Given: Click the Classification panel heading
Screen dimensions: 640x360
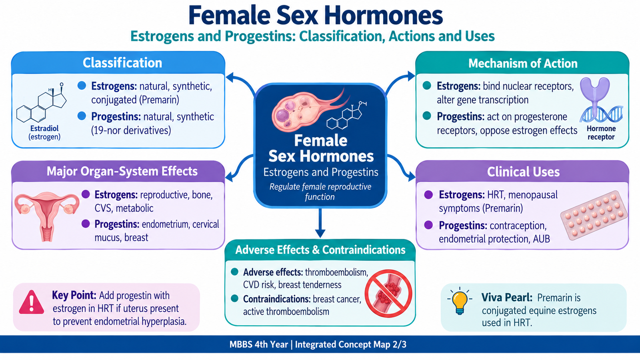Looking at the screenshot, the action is coord(122,63).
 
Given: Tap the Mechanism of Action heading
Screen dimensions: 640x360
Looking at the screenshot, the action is coord(523,64).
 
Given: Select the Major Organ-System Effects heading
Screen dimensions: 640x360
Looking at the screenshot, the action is coord(122,172).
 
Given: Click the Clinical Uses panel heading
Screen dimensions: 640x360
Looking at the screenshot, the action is coord(523,172).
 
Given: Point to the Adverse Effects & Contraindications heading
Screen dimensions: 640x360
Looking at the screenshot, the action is coord(320,250).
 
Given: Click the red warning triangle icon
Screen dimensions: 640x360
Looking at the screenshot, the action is coord(32,302).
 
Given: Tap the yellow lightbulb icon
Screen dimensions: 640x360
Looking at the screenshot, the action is coord(460,300).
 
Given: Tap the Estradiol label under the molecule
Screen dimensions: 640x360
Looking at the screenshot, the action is coord(44,128).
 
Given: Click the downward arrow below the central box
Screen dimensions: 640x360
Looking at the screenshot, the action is coord(320,223).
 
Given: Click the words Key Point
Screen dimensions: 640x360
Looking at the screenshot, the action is coord(74,295).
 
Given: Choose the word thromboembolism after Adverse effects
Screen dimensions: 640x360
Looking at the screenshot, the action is coord(336,272).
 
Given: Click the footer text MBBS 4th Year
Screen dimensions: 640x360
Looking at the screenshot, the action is coord(258,344).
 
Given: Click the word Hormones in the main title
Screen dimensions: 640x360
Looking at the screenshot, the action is coord(384,16).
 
